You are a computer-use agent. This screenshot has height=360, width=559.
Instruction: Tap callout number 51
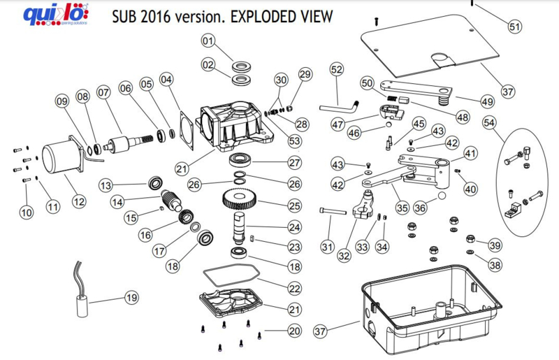[514, 27]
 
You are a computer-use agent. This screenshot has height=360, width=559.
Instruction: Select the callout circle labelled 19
[132, 297]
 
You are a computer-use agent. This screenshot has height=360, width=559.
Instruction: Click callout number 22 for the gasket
[294, 288]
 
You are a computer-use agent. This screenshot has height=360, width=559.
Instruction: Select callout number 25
[294, 206]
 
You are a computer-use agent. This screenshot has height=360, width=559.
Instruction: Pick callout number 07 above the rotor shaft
[104, 92]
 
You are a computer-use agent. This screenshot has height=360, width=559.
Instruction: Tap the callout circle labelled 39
[495, 245]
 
